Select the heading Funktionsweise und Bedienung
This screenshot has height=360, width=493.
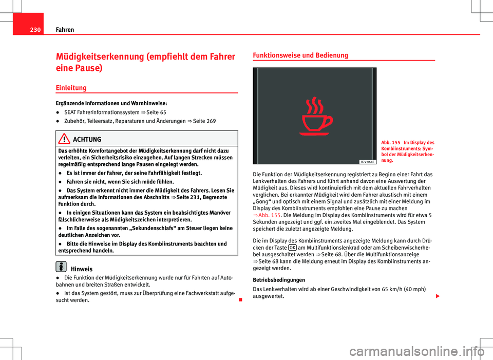(x=300, y=55)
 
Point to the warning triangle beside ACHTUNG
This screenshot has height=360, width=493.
(x=65, y=139)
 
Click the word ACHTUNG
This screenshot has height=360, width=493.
(x=88, y=140)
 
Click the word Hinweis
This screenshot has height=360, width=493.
(x=82, y=268)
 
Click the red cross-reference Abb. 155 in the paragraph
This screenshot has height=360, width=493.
(x=266, y=214)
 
